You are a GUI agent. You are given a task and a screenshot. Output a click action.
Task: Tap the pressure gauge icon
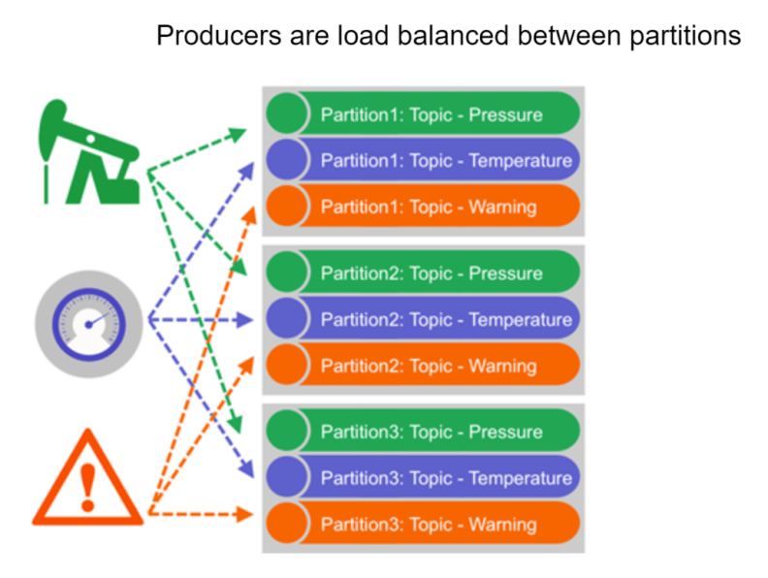[88, 324]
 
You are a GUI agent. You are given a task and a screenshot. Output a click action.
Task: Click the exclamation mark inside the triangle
[88, 487]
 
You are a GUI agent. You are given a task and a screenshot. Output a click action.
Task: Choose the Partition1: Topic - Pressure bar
[423, 113]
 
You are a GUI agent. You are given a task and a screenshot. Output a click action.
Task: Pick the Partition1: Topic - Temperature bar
[423, 160]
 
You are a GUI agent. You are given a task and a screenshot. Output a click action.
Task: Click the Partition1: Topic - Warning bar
[423, 206]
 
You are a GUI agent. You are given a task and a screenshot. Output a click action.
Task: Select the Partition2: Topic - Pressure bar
[423, 272]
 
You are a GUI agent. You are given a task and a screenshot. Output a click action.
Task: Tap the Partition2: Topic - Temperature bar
[423, 318]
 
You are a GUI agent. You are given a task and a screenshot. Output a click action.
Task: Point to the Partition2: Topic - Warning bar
[423, 365]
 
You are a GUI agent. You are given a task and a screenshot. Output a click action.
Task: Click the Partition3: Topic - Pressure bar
[423, 431]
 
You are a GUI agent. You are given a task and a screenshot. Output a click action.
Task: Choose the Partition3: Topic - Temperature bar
[423, 477]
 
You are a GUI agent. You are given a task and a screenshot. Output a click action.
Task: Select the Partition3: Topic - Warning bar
[423, 523]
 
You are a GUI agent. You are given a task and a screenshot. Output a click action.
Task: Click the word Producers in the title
[219, 36]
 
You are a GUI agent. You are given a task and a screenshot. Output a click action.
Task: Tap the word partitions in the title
[686, 37]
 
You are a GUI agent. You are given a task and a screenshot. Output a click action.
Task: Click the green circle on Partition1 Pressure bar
[287, 113]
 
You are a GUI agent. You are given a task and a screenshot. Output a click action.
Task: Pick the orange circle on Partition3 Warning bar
[287, 523]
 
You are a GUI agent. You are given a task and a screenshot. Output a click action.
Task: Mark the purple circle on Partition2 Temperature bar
[287, 318]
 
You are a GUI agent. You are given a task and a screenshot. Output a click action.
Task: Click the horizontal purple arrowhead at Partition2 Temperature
[245, 320]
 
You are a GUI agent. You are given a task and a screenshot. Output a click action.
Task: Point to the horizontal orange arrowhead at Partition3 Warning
[245, 514]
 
